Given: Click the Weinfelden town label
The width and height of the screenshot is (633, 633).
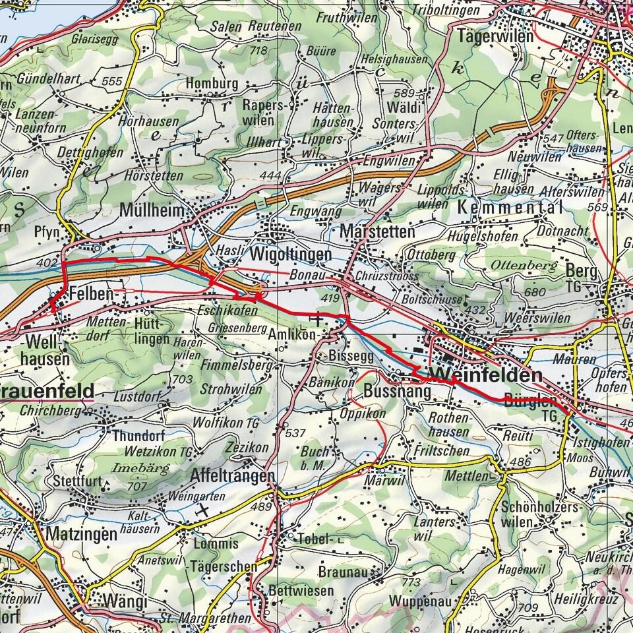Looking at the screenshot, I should [487, 376].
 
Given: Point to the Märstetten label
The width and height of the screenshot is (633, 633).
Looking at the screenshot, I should [378, 232].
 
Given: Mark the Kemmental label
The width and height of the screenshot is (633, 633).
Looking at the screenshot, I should [508, 208].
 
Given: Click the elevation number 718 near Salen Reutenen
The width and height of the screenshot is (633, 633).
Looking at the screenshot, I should [259, 51].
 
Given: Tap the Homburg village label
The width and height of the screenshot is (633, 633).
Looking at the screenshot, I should [211, 84].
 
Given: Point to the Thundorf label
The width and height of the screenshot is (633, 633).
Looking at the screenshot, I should [136, 436].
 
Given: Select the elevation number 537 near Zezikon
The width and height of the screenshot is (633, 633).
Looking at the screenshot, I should [296, 433].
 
